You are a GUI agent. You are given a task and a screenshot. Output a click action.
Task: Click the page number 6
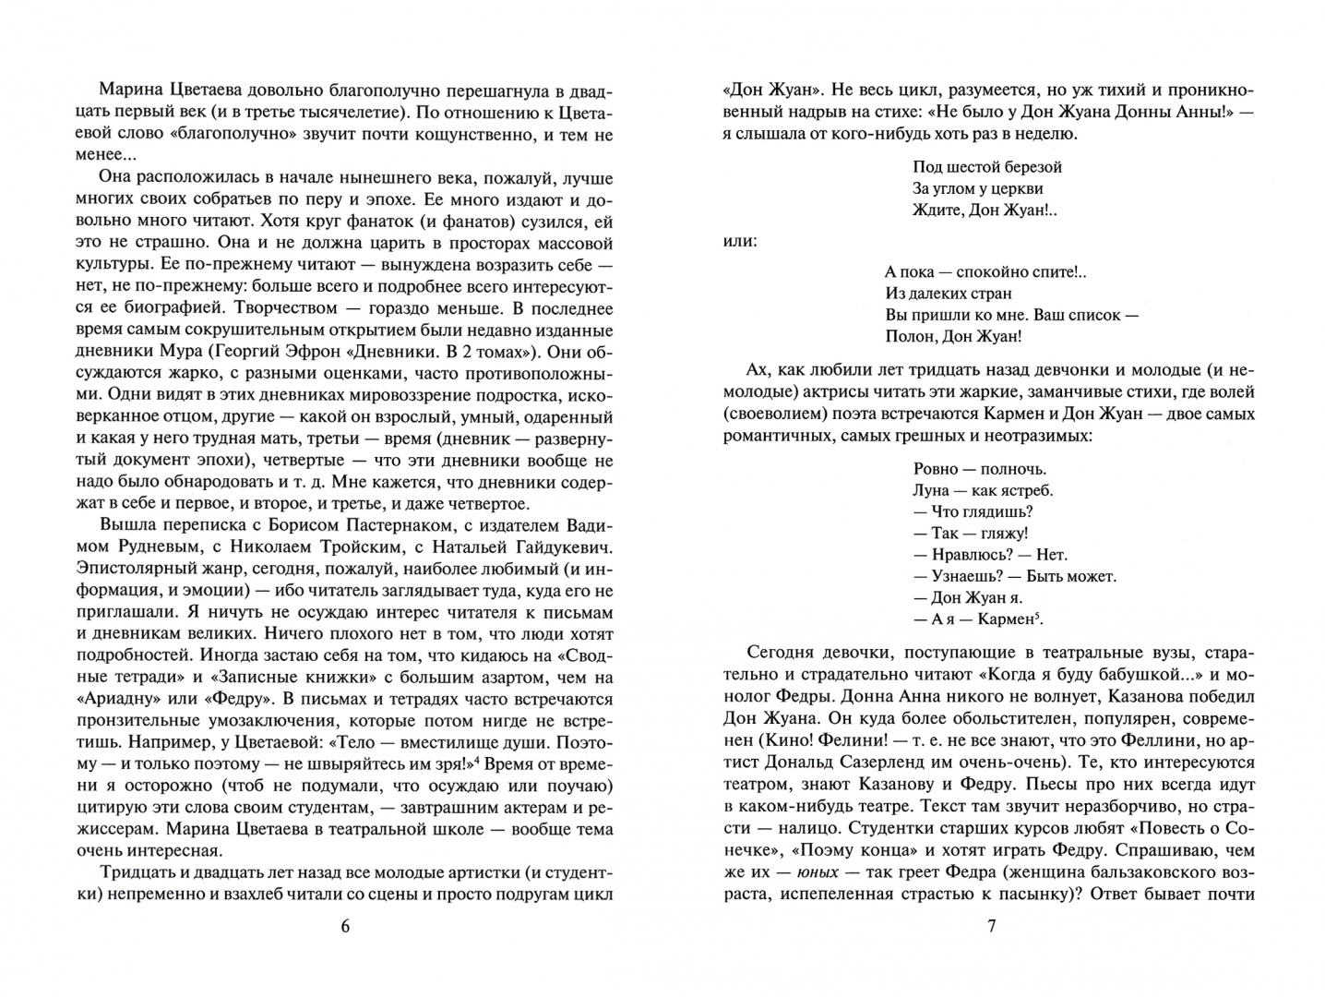click(x=345, y=927)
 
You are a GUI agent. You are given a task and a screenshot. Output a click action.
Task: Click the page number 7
click(x=992, y=927)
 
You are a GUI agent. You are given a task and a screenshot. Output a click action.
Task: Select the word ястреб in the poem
click(x=1024, y=490)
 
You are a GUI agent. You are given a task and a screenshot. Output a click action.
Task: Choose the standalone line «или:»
click(x=740, y=242)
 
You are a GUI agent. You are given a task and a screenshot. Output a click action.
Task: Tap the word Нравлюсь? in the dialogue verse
click(x=953, y=555)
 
